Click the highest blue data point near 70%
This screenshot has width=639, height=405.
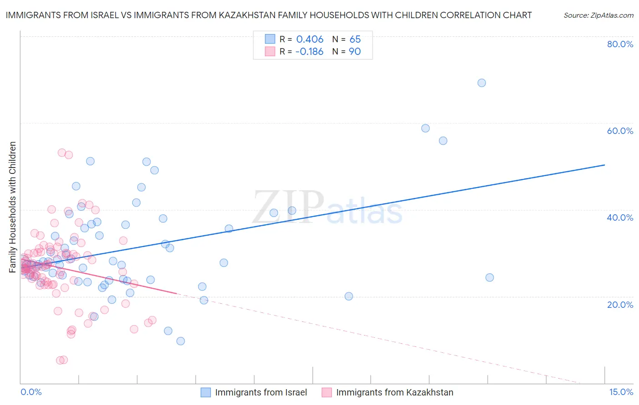point(482,83)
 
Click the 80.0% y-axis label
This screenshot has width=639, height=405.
point(620,44)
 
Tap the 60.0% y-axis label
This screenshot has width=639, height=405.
point(620,131)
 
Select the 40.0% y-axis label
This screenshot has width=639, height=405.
point(620,217)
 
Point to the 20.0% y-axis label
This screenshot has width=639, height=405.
point(620,305)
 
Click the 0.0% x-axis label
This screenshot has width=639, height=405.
point(31,392)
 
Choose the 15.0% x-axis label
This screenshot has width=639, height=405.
point(621,392)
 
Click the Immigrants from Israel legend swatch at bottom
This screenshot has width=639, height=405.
point(206,392)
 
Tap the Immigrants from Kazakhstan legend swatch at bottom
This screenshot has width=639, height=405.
point(327,392)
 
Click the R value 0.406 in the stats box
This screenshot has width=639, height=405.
point(310,40)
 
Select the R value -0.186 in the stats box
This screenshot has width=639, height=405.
point(309,52)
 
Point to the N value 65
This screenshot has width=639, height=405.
point(355,40)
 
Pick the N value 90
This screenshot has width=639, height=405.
point(355,52)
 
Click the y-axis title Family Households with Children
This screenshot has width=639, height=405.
point(13,207)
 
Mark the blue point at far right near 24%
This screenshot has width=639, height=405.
point(489,277)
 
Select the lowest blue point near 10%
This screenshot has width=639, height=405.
point(180,341)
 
